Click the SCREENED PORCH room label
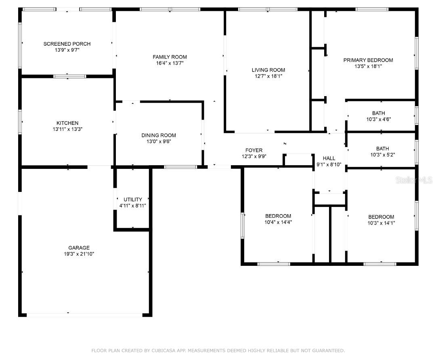click(x=67, y=44)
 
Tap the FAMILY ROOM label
click(x=170, y=57)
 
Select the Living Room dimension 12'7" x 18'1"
click(x=268, y=76)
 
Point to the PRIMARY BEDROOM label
click(x=368, y=60)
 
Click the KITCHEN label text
click(x=67, y=123)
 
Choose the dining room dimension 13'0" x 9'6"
click(x=159, y=141)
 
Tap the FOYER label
click(x=254, y=150)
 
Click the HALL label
click(x=329, y=158)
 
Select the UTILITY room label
click(x=133, y=200)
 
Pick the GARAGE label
click(x=79, y=248)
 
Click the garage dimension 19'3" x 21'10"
click(x=79, y=254)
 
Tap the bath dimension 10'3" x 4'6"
click(x=378, y=119)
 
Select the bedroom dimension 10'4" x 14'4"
click(x=278, y=222)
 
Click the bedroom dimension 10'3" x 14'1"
click(x=381, y=223)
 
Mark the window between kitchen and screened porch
click(x=70, y=76)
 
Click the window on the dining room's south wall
click(x=180, y=167)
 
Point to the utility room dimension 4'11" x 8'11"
click(x=133, y=206)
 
